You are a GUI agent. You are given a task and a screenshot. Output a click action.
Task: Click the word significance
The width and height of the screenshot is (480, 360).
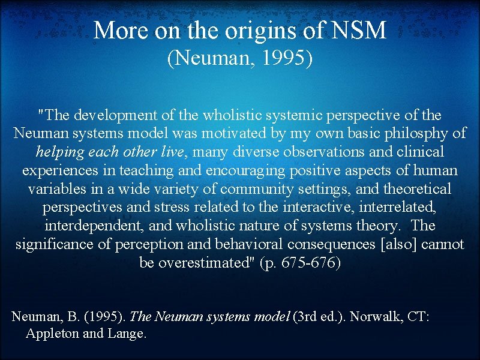point(58,245)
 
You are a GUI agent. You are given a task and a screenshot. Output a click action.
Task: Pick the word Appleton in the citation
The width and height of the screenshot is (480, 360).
point(52,334)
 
